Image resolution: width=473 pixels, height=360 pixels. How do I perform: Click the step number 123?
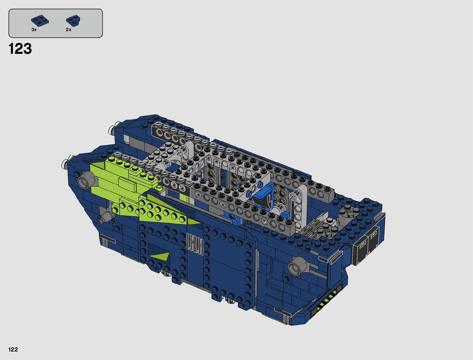click(x=20, y=49)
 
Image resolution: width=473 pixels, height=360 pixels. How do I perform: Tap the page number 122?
click(x=13, y=349)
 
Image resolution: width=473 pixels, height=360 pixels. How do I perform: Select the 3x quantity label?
click(x=34, y=30)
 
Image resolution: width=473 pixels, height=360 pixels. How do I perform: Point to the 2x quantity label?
click(x=69, y=30)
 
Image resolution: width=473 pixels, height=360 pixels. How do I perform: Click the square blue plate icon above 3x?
click(x=40, y=21)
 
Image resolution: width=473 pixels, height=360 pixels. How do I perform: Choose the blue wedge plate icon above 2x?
click(x=73, y=21)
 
